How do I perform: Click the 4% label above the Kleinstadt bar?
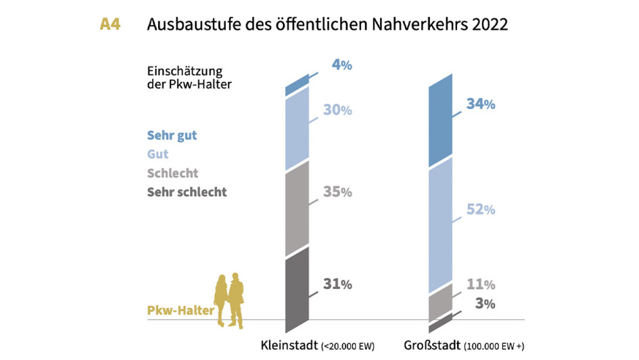tap(341, 66)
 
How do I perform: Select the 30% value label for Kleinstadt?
tap(337, 110)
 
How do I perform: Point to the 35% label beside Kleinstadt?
tap(337, 192)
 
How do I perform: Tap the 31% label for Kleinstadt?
tap(337, 285)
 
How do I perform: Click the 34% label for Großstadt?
tap(481, 104)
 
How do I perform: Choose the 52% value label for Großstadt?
tap(481, 210)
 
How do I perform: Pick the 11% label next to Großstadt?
tap(481, 284)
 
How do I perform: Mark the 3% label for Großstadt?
tap(485, 303)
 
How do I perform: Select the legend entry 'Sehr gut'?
tap(172, 135)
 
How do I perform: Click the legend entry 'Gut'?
tap(158, 154)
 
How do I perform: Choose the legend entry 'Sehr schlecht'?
tap(187, 192)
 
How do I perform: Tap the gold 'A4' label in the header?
tap(110, 25)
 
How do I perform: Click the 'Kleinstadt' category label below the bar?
tap(289, 346)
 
